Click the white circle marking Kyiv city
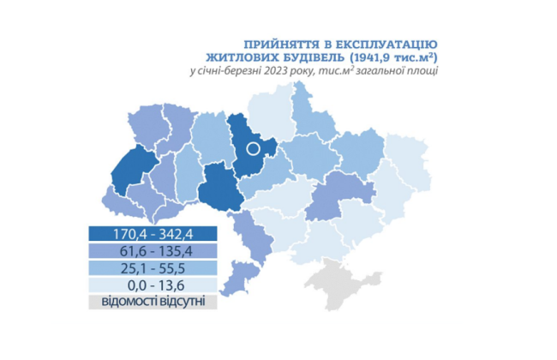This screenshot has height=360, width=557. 253,148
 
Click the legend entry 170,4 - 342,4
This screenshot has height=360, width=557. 153,233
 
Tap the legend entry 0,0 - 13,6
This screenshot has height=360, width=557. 153,285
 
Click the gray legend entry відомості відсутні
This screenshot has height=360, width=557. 153,302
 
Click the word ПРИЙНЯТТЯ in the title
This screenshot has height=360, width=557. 278,44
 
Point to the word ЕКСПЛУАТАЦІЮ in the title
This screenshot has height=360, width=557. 386,44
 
